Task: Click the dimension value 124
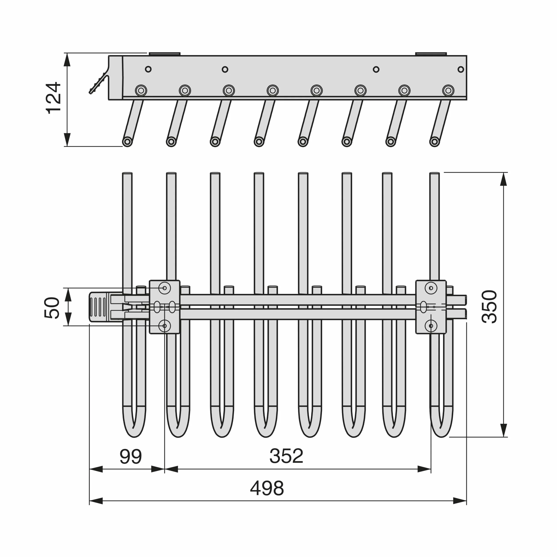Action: pos(54,98)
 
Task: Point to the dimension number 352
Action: pos(286,456)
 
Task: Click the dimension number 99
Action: pos(131,456)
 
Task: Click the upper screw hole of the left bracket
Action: pos(165,288)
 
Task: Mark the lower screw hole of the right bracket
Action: pos(431,326)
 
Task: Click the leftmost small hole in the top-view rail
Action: pos(148,69)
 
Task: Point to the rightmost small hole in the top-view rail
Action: pos(461,69)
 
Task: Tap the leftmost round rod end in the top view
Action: pos(127,142)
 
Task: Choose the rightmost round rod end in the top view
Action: pos(435,142)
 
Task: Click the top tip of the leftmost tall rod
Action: pos(127,173)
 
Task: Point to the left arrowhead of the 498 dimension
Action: pos(96,501)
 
